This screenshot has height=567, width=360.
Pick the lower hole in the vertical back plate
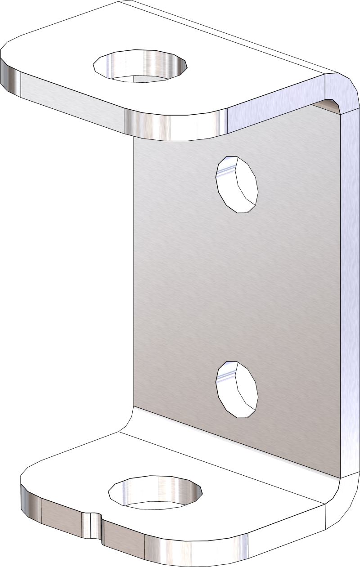tap(238, 389)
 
